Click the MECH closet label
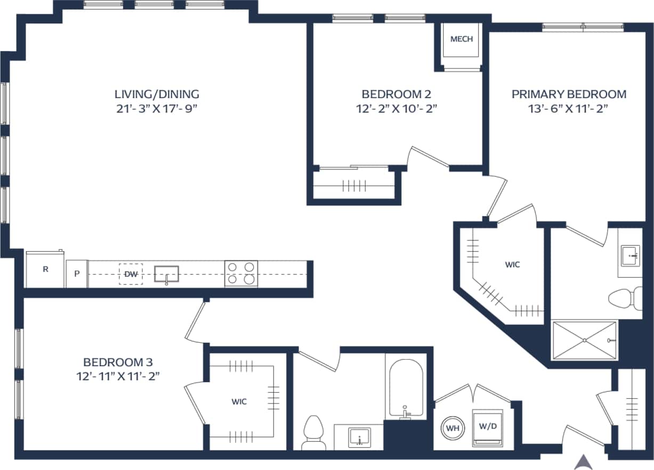461,39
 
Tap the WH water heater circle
453,427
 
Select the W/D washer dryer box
488,427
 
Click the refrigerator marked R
45,270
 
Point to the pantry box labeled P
77,274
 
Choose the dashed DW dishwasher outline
131,274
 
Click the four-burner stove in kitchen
241,274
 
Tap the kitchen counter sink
166,274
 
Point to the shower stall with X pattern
585,340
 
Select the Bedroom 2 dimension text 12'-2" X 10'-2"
396,109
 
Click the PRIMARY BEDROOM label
569,94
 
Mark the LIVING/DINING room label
157,94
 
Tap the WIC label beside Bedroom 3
239,402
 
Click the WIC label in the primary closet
512,265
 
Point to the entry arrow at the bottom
584,461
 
